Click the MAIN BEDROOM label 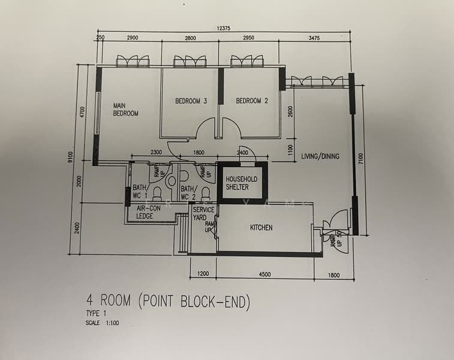pos(126,109)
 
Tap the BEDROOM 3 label pos(191,101)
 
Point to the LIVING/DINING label pos(320,157)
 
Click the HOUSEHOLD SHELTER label pos(241,183)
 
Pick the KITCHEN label pos(261,228)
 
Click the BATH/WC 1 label pos(140,192)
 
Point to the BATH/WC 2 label pos(188,192)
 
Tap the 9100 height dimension pos(71,157)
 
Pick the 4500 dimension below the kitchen pos(264,275)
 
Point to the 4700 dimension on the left pos(83,112)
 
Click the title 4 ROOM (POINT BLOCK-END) pos(167,302)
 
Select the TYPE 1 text pos(96,314)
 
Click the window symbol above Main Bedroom pos(132,61)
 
